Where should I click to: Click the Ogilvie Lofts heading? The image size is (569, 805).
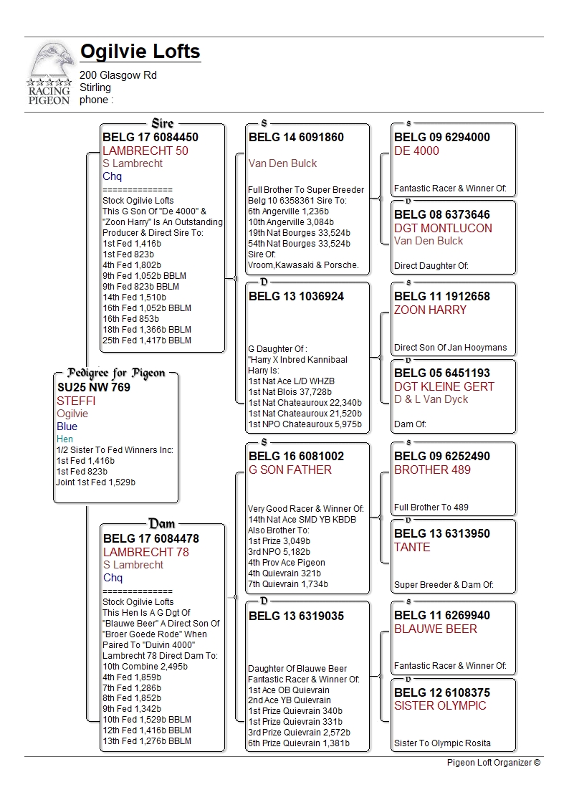pyautogui.click(x=140, y=52)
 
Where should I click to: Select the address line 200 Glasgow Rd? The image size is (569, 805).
pyautogui.click(x=118, y=75)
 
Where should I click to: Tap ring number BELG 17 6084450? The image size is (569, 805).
pyautogui.click(x=150, y=137)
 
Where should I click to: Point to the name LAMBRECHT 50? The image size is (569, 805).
pyautogui.click(x=145, y=151)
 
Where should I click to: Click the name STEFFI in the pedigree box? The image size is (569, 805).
pyautogui.click(x=76, y=401)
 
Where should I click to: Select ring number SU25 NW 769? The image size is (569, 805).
pyautogui.click(x=94, y=387)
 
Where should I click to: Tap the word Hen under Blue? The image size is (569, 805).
pyautogui.click(x=65, y=439)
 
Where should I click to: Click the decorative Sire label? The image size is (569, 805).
pyautogui.click(x=163, y=123)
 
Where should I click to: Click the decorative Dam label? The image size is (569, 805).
pyautogui.click(x=162, y=524)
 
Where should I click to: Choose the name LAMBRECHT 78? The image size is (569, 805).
pyautogui.click(x=145, y=552)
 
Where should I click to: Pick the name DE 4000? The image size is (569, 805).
pyautogui.click(x=416, y=151)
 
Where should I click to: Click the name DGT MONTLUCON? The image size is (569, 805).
pyautogui.click(x=443, y=228)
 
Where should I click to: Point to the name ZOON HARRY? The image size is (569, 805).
pyautogui.click(x=430, y=310)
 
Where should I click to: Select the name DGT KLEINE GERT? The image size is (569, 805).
pyautogui.click(x=444, y=386)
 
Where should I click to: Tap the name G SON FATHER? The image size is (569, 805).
pyautogui.click(x=290, y=470)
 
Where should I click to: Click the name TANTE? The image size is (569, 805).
pyautogui.click(x=412, y=547)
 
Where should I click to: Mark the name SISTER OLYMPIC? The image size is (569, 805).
pyautogui.click(x=440, y=705)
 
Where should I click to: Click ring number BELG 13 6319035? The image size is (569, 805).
pyautogui.click(x=296, y=616)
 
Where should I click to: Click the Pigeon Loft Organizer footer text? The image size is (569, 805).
pyautogui.click(x=493, y=763)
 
